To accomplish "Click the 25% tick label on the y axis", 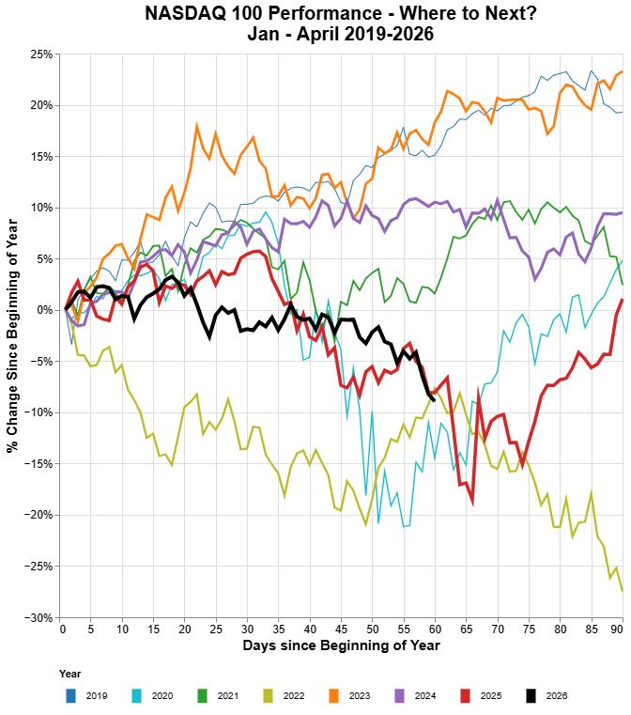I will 40,54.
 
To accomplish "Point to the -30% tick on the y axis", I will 39,617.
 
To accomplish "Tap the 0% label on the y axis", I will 45,310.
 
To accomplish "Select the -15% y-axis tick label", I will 39,464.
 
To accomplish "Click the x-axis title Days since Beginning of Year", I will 341,646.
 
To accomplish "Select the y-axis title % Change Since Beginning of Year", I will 12,335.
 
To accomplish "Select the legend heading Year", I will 69,675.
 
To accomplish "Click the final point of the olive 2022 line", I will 623,590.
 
